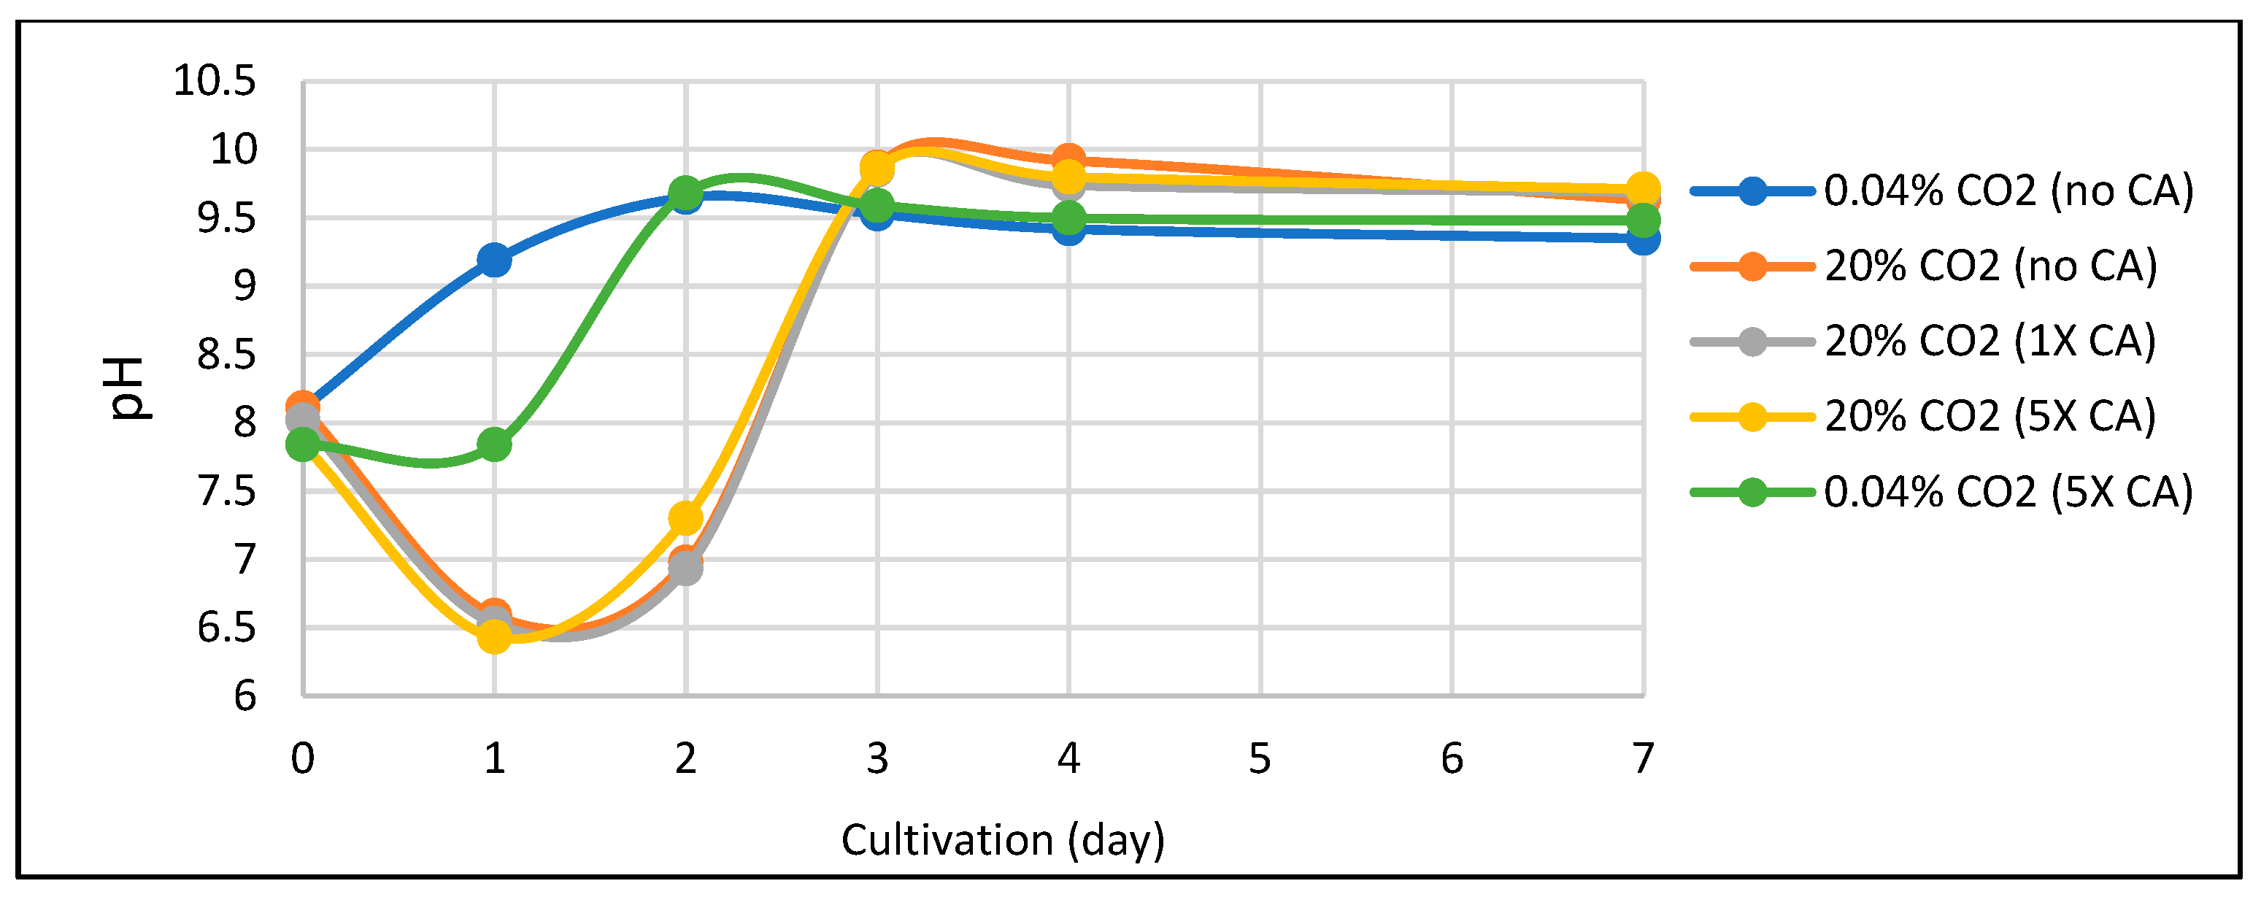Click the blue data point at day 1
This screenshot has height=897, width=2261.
[x=494, y=260]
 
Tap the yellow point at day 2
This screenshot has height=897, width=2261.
[x=685, y=519]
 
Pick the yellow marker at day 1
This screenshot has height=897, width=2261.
[x=494, y=636]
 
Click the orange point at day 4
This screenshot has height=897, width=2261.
[x=1068, y=160]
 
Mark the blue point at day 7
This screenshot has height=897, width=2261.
[x=1643, y=239]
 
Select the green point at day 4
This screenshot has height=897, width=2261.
[x=1068, y=218]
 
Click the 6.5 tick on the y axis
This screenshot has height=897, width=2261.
[x=226, y=628]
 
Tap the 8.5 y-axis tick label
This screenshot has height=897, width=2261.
[x=226, y=355]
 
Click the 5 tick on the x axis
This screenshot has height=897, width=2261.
[x=1260, y=759]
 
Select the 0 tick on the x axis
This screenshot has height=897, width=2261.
[x=303, y=759]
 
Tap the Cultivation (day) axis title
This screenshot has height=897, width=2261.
[x=1002, y=841]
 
